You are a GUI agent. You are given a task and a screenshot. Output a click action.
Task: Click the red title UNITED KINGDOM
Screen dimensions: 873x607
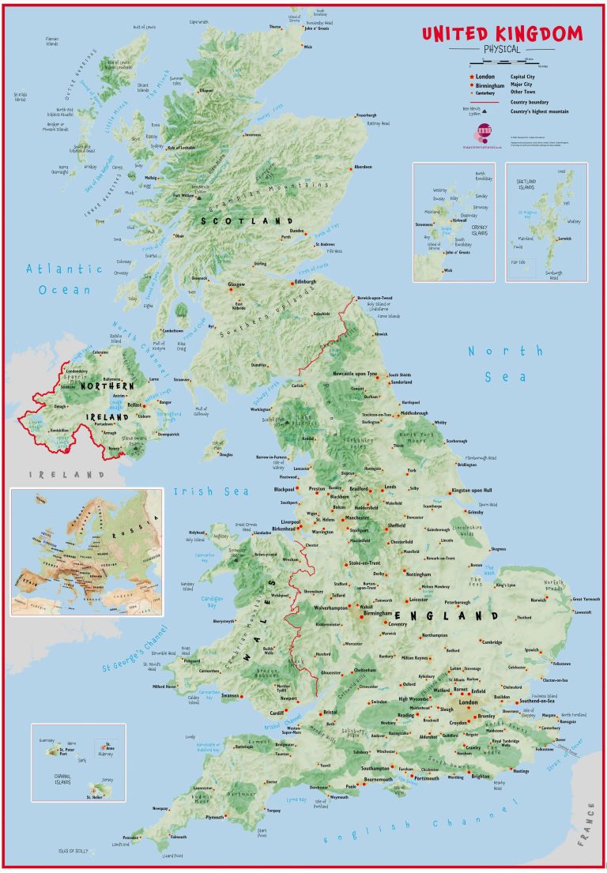(x=501, y=34)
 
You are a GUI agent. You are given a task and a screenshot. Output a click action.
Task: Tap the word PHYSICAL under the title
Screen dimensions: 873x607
(x=501, y=49)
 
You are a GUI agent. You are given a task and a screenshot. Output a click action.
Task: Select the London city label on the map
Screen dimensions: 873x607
(x=469, y=702)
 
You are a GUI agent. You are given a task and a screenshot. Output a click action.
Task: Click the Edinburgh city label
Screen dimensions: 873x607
(x=305, y=281)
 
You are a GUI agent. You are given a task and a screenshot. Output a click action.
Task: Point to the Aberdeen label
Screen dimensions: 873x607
(x=363, y=167)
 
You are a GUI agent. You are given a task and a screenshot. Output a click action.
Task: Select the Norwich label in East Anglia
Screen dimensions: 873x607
(x=539, y=600)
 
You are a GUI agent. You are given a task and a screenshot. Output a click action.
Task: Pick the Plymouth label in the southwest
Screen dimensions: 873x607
(x=214, y=818)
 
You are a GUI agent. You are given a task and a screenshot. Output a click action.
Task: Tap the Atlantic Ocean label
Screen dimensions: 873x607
(x=64, y=279)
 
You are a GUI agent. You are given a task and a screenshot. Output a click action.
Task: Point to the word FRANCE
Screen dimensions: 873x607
(x=589, y=822)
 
